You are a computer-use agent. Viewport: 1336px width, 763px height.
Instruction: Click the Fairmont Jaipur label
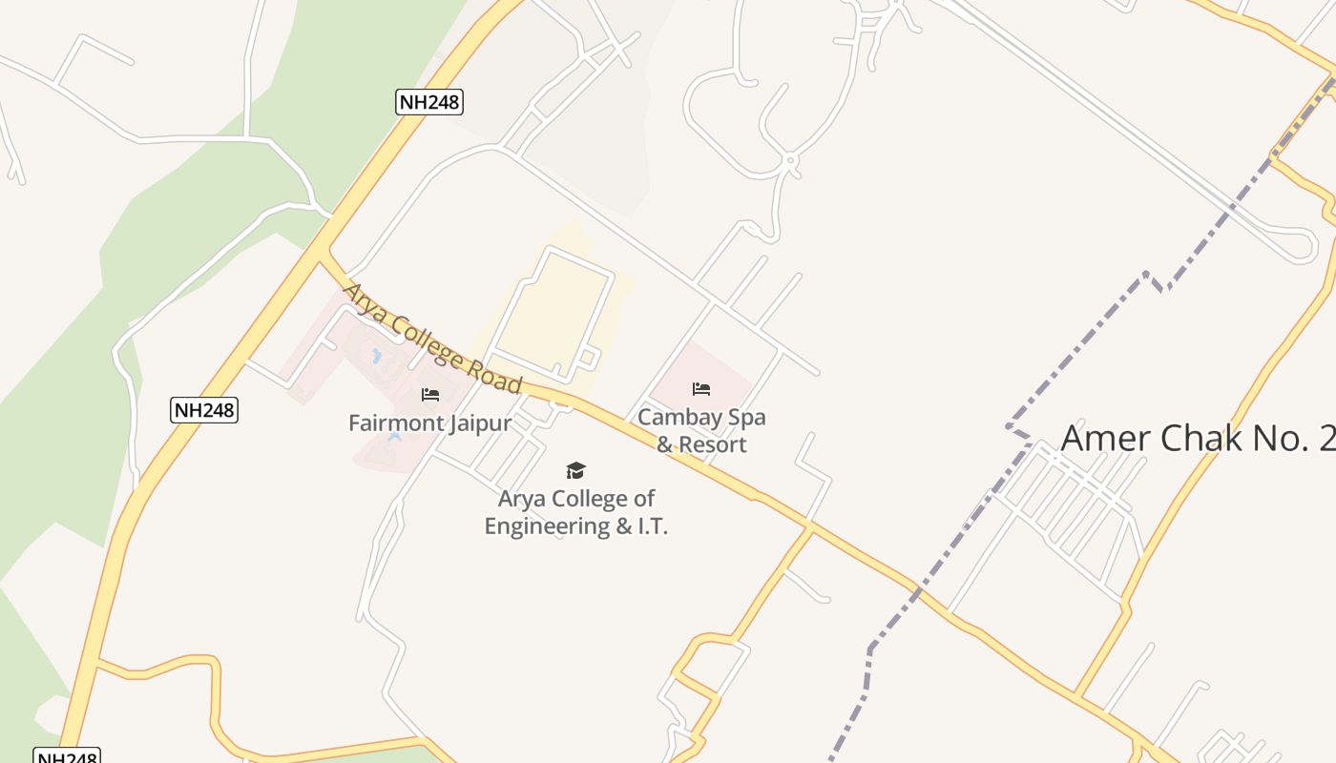pyautogui.click(x=429, y=423)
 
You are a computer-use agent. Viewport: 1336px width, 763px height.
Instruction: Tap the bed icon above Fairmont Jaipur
pyautogui.click(x=430, y=394)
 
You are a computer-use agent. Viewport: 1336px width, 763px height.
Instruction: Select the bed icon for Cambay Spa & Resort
pyautogui.click(x=701, y=388)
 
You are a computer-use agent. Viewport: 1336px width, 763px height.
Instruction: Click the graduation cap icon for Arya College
pyautogui.click(x=575, y=470)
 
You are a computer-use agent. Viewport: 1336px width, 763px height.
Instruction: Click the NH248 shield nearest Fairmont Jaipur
pyautogui.click(x=204, y=410)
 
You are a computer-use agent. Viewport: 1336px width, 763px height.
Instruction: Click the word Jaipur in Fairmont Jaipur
pyautogui.click(x=481, y=423)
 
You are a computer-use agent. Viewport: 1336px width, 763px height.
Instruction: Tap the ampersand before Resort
pyautogui.click(x=665, y=444)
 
